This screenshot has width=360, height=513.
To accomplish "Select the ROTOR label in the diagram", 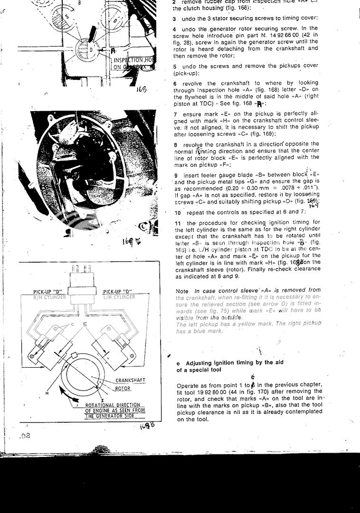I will [x=123, y=389].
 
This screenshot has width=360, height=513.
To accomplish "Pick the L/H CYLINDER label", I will [x=119, y=297].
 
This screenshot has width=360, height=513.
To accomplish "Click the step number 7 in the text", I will [x=176, y=114].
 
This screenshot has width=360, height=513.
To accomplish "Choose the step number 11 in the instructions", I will [x=178, y=223].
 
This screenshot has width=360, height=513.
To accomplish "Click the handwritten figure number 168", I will [x=142, y=89].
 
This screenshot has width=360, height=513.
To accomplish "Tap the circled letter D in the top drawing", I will [x=91, y=49].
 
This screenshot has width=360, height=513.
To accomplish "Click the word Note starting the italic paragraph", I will [x=182, y=290].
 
